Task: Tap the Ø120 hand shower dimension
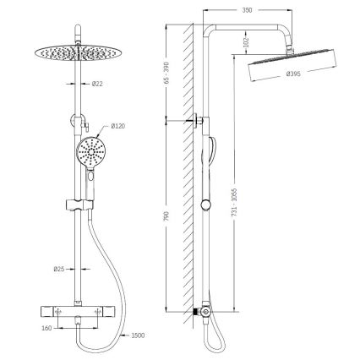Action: (118, 126)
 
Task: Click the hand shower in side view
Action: (214, 150)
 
